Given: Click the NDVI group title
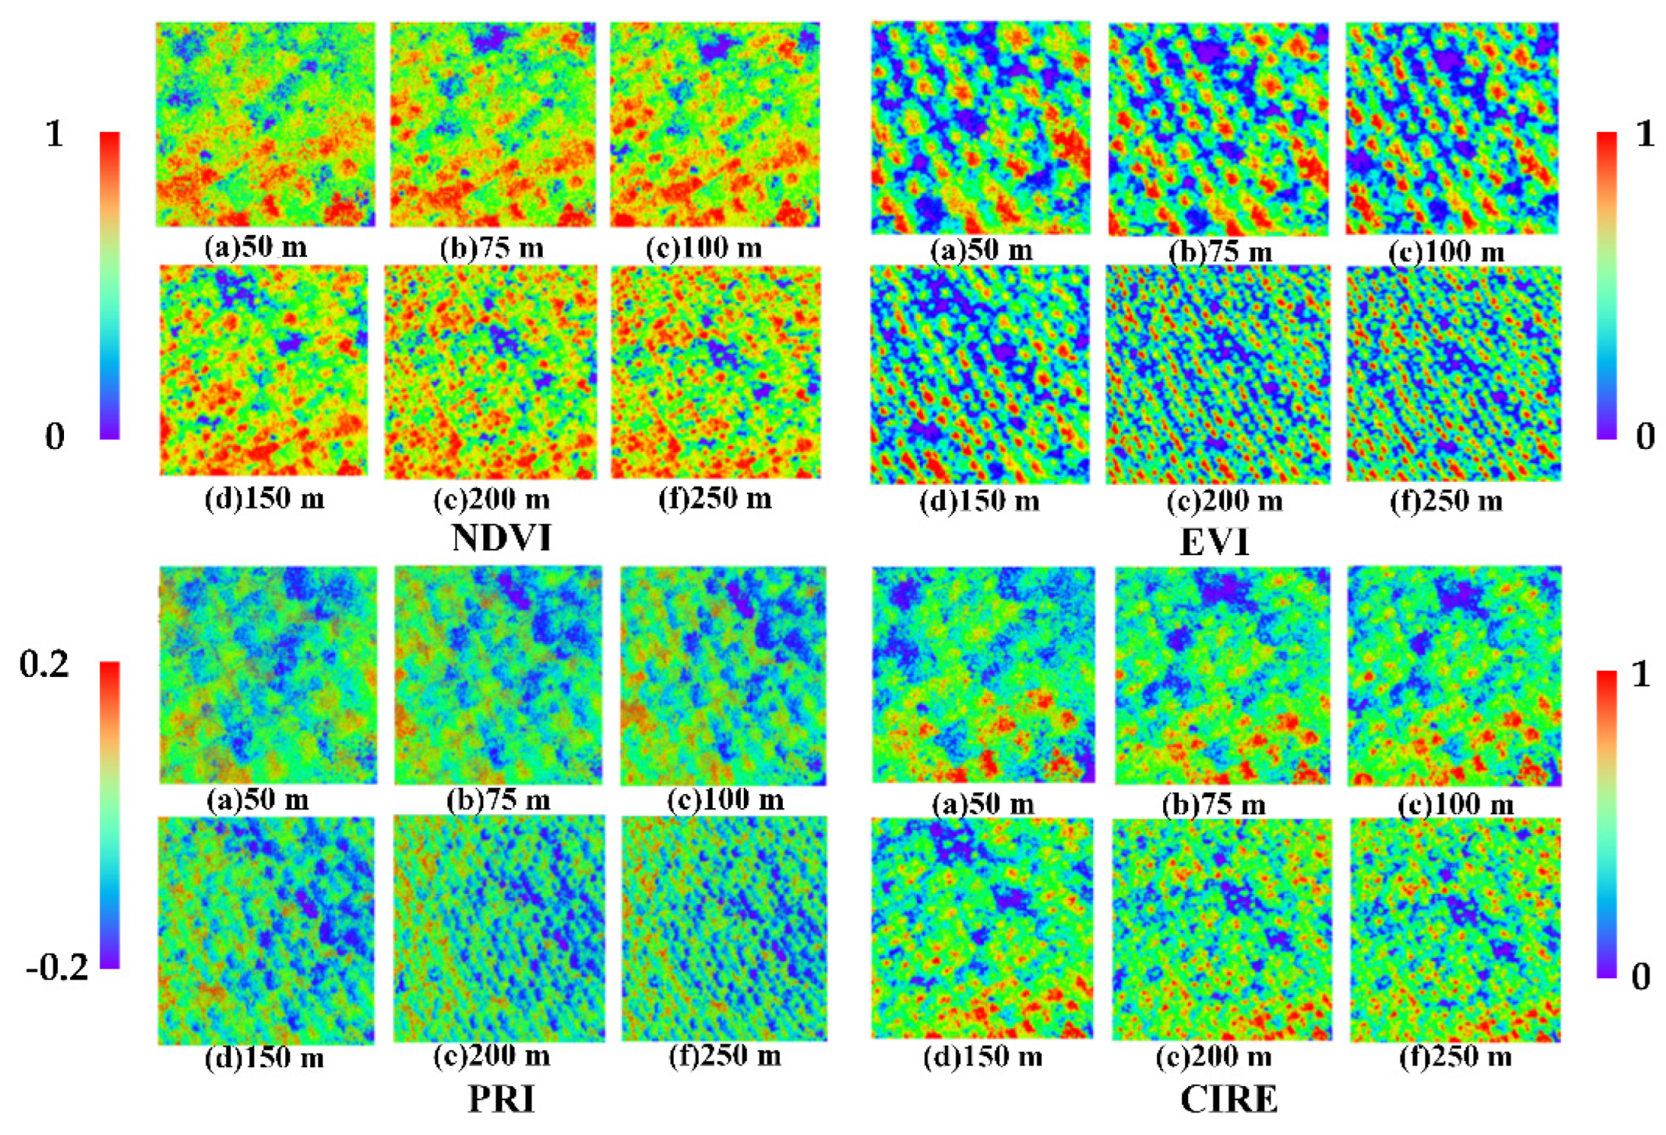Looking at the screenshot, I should point(501,537).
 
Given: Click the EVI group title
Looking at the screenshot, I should point(1214,543).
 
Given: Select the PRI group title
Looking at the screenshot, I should point(501,1098).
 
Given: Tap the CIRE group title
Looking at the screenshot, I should point(1229,1098).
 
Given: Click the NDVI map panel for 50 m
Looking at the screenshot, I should point(265,124).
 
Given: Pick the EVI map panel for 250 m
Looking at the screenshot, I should point(1453,373).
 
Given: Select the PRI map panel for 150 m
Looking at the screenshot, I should point(266,929).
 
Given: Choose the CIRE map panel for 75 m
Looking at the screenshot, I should point(1222,675).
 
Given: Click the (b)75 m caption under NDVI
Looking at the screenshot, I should point(492,248).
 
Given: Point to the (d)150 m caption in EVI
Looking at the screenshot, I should point(979,501).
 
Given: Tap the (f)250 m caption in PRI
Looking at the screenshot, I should point(725,1056).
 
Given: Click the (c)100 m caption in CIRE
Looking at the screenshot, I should point(1456,804).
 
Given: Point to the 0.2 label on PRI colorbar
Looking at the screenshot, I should point(43,665).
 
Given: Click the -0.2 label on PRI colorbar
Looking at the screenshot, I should point(57,968).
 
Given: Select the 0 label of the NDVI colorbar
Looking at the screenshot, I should point(54,436).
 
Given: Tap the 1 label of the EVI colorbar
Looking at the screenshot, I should point(1645,134).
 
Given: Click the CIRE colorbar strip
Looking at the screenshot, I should point(1606,823).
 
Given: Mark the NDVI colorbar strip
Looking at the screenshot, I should point(110,285).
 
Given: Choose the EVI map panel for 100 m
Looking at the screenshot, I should point(1451,127).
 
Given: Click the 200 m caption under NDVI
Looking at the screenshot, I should point(492,499).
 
